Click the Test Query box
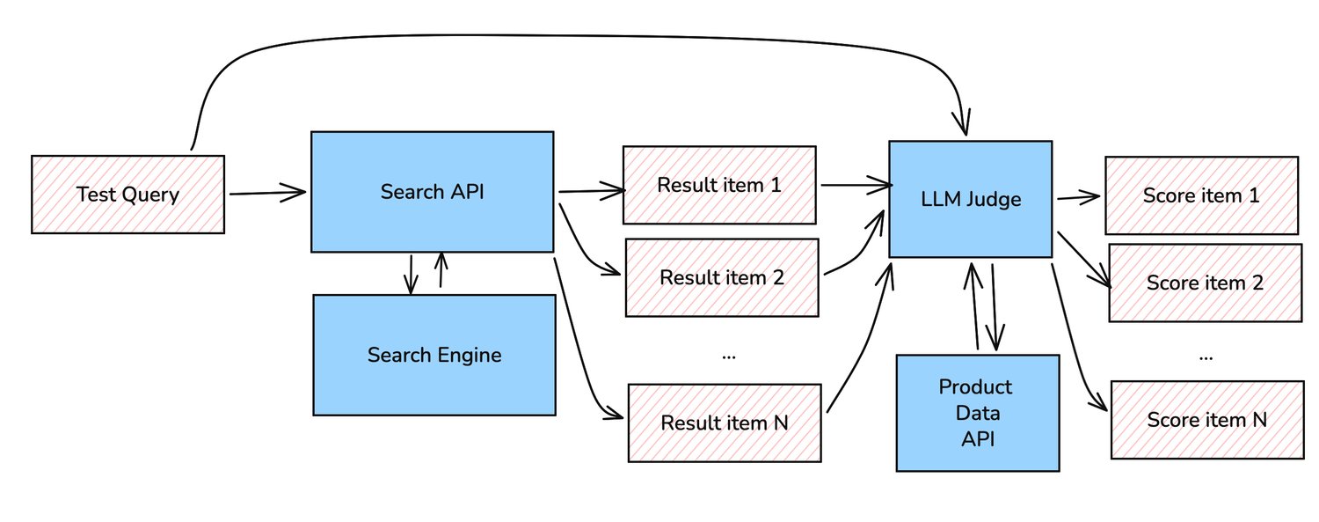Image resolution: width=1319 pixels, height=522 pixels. click(x=128, y=195)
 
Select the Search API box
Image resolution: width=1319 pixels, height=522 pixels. click(x=432, y=192)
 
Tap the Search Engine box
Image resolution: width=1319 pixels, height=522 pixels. click(x=434, y=355)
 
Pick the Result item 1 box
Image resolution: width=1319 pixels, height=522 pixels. click(x=720, y=185)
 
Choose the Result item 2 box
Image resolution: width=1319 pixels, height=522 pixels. click(x=721, y=277)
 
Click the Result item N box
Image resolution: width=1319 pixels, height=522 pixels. click(x=724, y=423)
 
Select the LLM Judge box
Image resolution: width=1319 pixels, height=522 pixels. click(x=970, y=199)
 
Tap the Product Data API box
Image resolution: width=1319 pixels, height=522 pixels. click(x=976, y=413)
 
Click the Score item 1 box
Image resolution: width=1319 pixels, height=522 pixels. click(x=1201, y=195)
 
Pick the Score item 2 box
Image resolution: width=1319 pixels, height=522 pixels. click(x=1205, y=283)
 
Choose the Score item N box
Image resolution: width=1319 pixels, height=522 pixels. click(x=1206, y=420)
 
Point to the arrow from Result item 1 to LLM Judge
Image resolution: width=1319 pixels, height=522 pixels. click(x=855, y=185)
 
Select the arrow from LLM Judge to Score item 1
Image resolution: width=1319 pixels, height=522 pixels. click(x=1077, y=197)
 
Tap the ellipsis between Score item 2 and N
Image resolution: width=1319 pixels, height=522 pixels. click(x=1206, y=357)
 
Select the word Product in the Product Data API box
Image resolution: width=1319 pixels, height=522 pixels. click(x=975, y=386)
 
